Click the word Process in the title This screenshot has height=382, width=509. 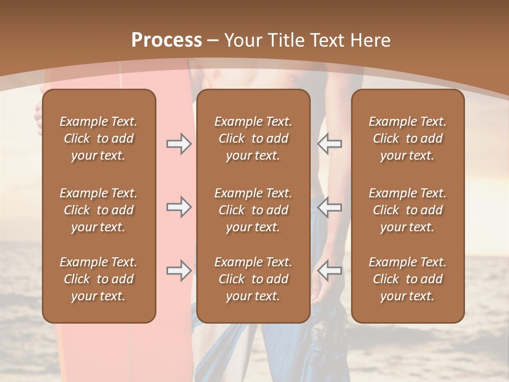(166, 40)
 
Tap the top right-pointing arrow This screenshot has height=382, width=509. (179, 144)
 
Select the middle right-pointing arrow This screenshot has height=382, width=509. (179, 207)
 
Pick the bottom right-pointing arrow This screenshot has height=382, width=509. (179, 271)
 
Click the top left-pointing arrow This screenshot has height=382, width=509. (330, 144)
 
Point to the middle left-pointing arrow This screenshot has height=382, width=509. (330, 207)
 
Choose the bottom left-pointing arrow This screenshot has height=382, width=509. (330, 271)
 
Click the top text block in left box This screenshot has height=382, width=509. (99, 138)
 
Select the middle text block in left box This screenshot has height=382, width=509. (99, 210)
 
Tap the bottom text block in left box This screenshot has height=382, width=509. (99, 279)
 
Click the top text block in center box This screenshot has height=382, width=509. (253, 138)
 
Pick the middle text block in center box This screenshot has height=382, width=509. (253, 210)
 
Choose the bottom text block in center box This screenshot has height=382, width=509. (253, 279)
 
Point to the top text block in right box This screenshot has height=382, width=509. (408, 138)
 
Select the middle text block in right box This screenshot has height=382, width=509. (408, 210)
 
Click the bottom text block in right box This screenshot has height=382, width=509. (408, 279)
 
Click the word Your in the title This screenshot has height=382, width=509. (242, 40)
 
